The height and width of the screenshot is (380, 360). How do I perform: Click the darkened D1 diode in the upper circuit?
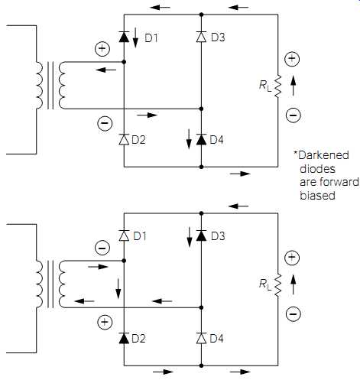pos(124,37)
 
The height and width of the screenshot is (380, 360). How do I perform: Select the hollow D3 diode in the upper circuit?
pos(201,37)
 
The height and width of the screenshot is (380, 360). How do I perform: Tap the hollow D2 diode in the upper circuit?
pos(124,139)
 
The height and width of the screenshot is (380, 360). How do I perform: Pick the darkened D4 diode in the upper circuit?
pos(201,139)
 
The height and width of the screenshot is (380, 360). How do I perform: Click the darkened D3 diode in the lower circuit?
pos(201,235)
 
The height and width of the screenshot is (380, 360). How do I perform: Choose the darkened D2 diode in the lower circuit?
pos(124,338)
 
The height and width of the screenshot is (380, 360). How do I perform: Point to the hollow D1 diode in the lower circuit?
pos(124,235)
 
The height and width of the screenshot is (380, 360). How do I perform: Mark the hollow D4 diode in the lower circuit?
pos(201,338)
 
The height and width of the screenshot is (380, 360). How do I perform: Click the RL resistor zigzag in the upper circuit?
pos(277,86)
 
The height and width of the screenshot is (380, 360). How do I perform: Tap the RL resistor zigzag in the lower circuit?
pos(277,285)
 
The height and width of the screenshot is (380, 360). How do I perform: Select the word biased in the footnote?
pos(317,196)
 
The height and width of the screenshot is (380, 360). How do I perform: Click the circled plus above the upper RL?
pos(292,59)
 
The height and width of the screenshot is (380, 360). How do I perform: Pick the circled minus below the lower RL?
pos(294,313)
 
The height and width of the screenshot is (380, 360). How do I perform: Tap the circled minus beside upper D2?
pos(105,123)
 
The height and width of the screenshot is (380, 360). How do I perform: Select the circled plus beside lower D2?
pos(105,322)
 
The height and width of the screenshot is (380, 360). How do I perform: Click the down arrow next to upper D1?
pos(135,37)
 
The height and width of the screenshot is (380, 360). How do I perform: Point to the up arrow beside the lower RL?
pos(294,284)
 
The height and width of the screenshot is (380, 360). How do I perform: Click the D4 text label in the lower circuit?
pos(216,339)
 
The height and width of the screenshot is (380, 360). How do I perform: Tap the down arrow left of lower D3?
pos(190,237)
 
